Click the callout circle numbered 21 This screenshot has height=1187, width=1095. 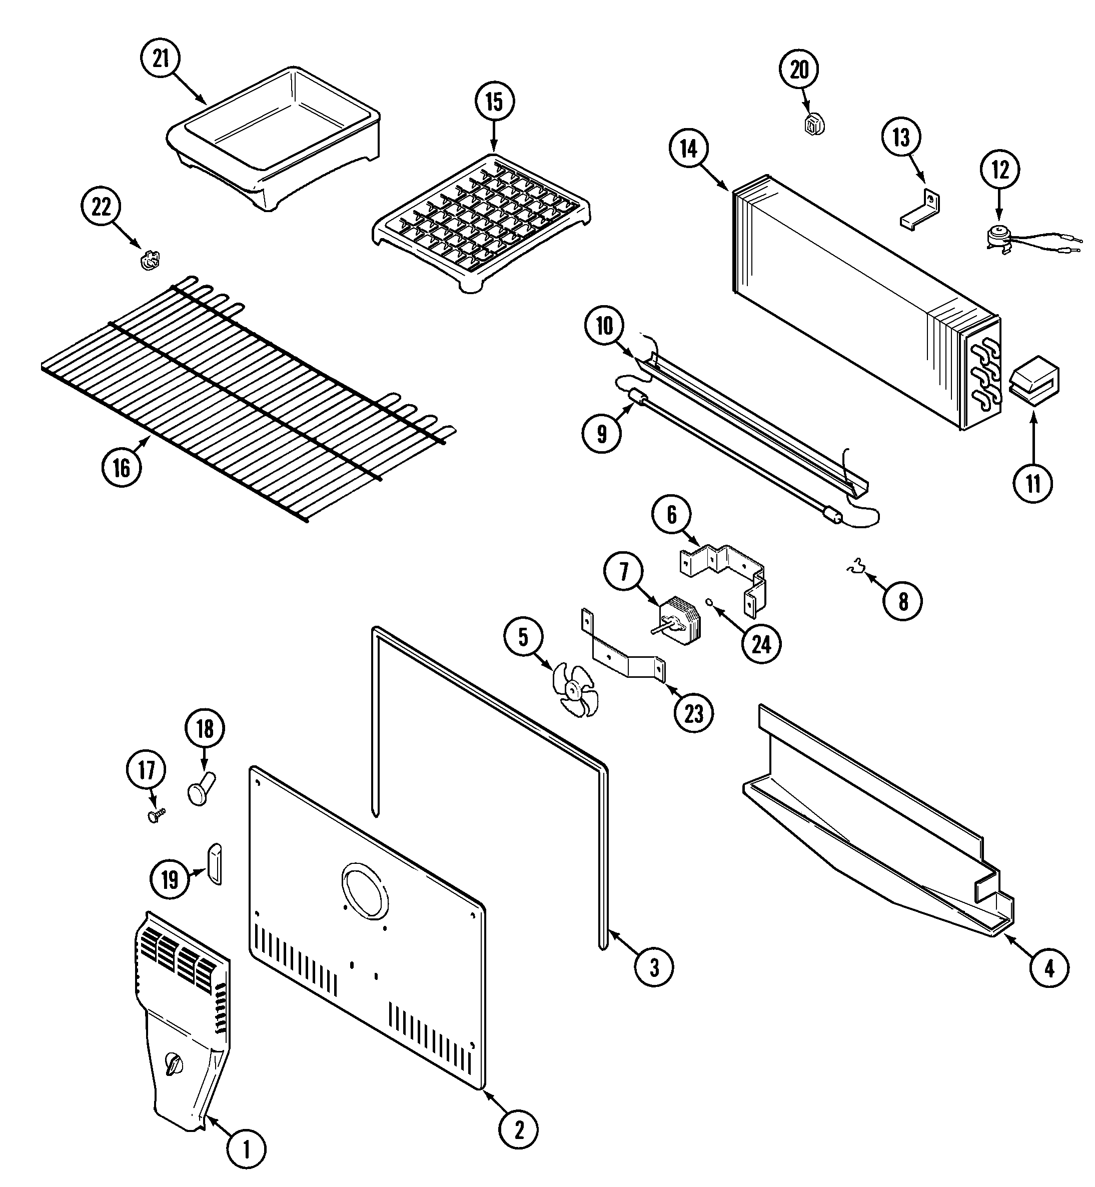coord(161,59)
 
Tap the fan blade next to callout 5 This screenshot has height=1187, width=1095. coord(573,690)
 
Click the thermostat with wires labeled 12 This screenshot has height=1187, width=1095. coord(1002,237)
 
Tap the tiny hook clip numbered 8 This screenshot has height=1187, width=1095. coord(855,569)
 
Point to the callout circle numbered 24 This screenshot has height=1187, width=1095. coord(761,644)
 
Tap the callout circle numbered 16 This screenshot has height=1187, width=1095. coord(122,468)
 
